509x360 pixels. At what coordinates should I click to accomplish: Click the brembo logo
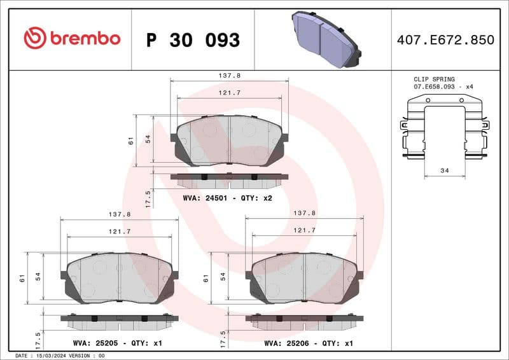coord(71,38)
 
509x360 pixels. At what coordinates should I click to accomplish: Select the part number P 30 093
coord(193,40)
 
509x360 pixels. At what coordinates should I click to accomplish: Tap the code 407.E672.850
coord(445,40)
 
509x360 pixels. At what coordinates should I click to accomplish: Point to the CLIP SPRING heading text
coord(434,79)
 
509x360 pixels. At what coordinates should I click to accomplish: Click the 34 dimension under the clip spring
coord(444,170)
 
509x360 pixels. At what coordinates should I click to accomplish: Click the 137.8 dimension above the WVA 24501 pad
coord(229,75)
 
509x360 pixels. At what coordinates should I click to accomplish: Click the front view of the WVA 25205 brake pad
coord(118,277)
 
